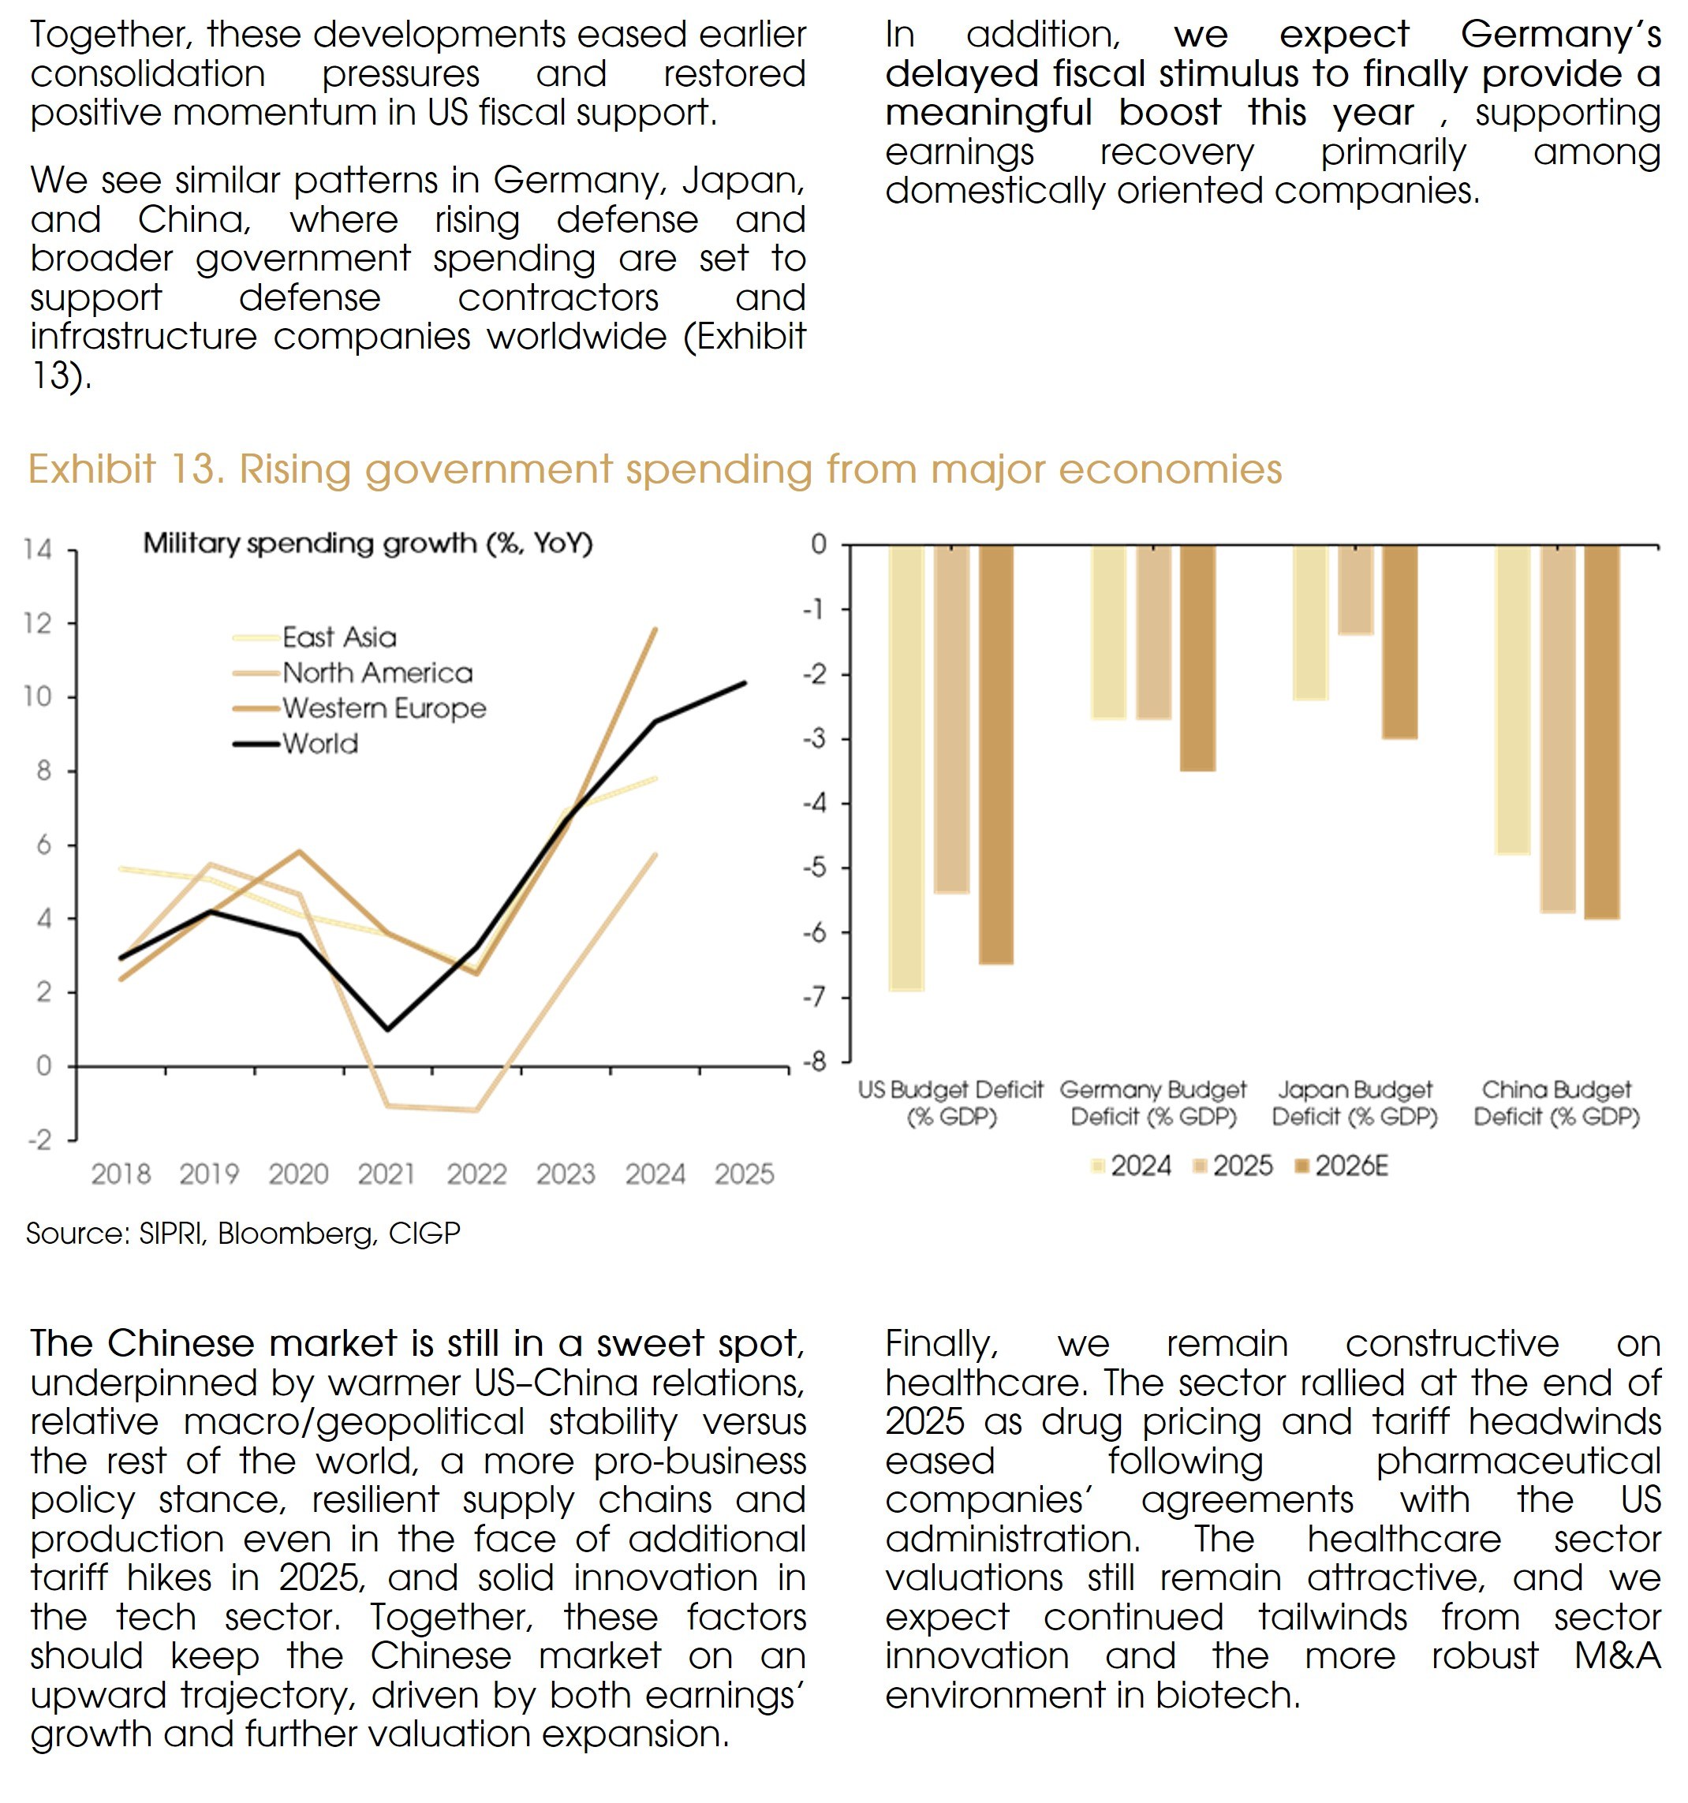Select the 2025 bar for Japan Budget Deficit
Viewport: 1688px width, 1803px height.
tap(1355, 589)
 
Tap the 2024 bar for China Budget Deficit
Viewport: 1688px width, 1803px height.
tap(1512, 700)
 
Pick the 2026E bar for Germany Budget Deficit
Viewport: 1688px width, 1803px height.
tap(1197, 658)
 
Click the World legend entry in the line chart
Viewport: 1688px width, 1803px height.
tap(319, 744)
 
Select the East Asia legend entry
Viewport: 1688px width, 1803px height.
tap(338, 637)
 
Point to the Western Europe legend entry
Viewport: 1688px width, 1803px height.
tap(383, 708)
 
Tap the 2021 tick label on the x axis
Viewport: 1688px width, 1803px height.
tap(387, 1174)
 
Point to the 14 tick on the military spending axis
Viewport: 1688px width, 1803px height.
tap(38, 550)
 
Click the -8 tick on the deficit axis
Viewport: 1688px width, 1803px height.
tap(817, 1062)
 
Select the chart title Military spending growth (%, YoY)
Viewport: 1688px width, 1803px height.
tap(368, 543)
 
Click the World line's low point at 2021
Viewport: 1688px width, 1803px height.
tap(388, 1029)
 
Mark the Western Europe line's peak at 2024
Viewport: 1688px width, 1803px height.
tap(655, 629)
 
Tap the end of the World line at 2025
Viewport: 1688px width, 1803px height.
tap(745, 683)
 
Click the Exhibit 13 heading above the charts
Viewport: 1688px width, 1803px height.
tap(654, 470)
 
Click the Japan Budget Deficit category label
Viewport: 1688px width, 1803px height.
tap(1355, 1103)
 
